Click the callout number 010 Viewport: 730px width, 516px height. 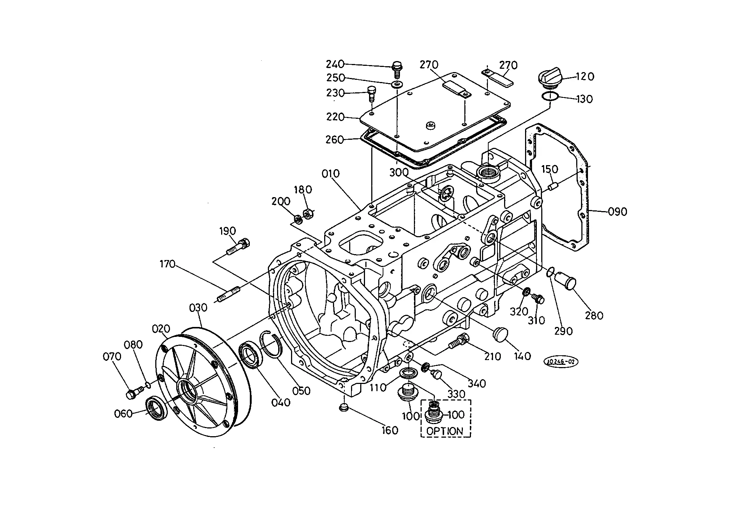(330, 174)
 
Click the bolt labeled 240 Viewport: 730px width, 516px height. (397, 69)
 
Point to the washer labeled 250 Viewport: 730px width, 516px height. (397, 85)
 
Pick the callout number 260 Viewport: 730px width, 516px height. (334, 140)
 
